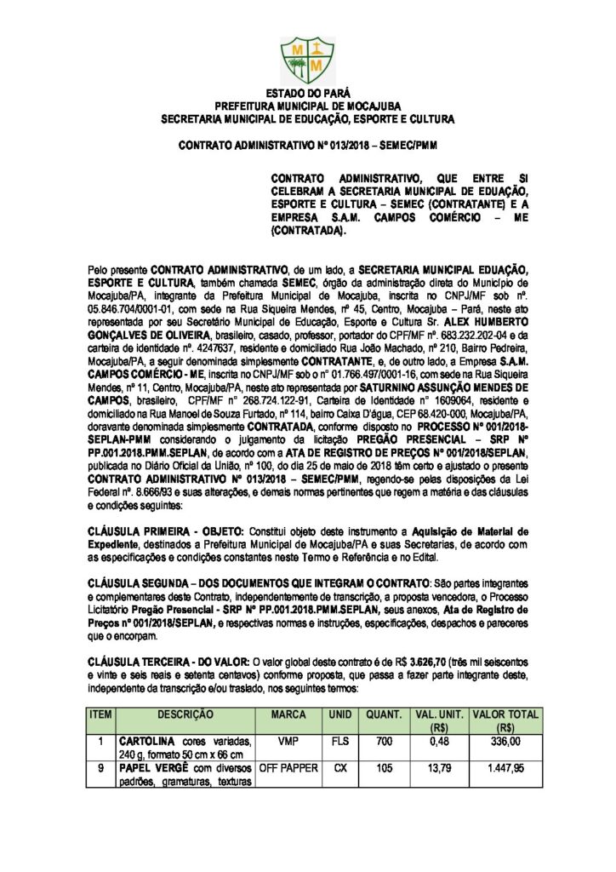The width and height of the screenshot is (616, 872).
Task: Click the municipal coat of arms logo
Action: pos(307,51)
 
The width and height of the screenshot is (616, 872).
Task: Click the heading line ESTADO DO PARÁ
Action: pos(307,91)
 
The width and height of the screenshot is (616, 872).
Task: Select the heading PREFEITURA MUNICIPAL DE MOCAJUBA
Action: pos(307,105)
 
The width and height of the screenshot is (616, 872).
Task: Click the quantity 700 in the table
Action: pos(384,742)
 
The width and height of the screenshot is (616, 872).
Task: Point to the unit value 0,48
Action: pos(440,742)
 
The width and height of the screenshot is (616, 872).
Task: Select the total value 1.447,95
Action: pos(505,767)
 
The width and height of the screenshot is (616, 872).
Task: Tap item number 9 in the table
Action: pos(100,767)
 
